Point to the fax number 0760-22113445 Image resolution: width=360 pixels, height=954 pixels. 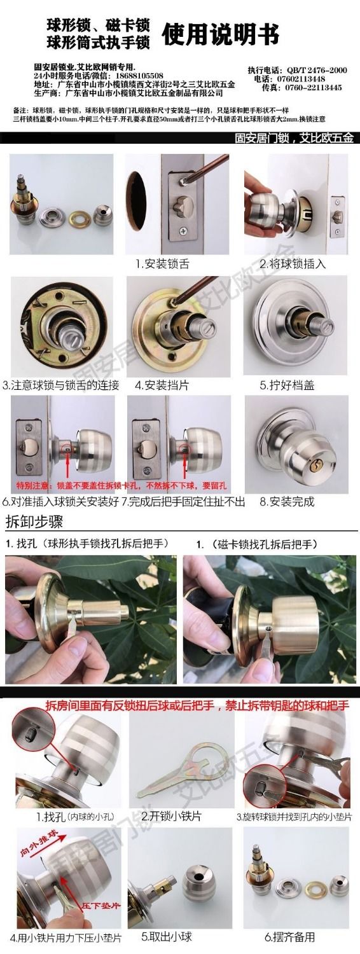(x=311, y=88)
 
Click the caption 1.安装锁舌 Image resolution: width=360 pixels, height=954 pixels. (x=162, y=263)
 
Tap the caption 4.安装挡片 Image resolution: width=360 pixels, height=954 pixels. (x=162, y=385)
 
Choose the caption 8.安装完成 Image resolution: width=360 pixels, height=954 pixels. (x=287, y=502)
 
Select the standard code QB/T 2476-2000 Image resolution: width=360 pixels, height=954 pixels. (x=317, y=70)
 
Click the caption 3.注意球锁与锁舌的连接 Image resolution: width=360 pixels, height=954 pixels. (x=61, y=385)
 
